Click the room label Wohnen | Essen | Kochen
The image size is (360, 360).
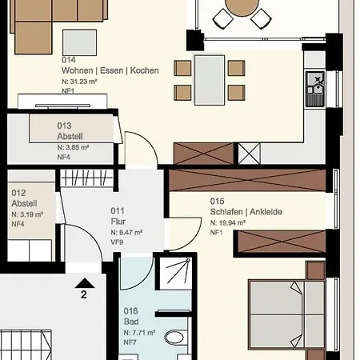(x=110, y=70)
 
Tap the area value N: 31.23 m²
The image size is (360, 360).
(x=79, y=82)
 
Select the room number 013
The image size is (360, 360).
(x=64, y=126)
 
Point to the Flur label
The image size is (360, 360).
(x=118, y=222)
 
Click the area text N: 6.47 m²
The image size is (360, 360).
(x=126, y=233)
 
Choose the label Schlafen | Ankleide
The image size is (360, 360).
(x=246, y=212)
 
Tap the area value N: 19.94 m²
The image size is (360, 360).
(x=228, y=223)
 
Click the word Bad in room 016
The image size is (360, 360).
(x=131, y=322)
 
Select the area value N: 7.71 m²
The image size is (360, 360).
(x=139, y=333)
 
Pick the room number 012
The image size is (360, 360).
(x=18, y=193)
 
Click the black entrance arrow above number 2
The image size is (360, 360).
(x=85, y=283)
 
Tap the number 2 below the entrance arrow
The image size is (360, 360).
(x=84, y=294)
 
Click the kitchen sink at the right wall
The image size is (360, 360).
(x=315, y=89)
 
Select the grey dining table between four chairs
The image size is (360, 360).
(x=210, y=80)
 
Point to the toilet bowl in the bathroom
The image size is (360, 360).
(x=174, y=337)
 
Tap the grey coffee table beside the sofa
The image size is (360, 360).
(x=79, y=42)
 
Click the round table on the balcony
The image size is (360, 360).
(x=242, y=7)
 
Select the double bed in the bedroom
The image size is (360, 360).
(x=286, y=314)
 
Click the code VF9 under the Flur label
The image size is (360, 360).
(x=117, y=242)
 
